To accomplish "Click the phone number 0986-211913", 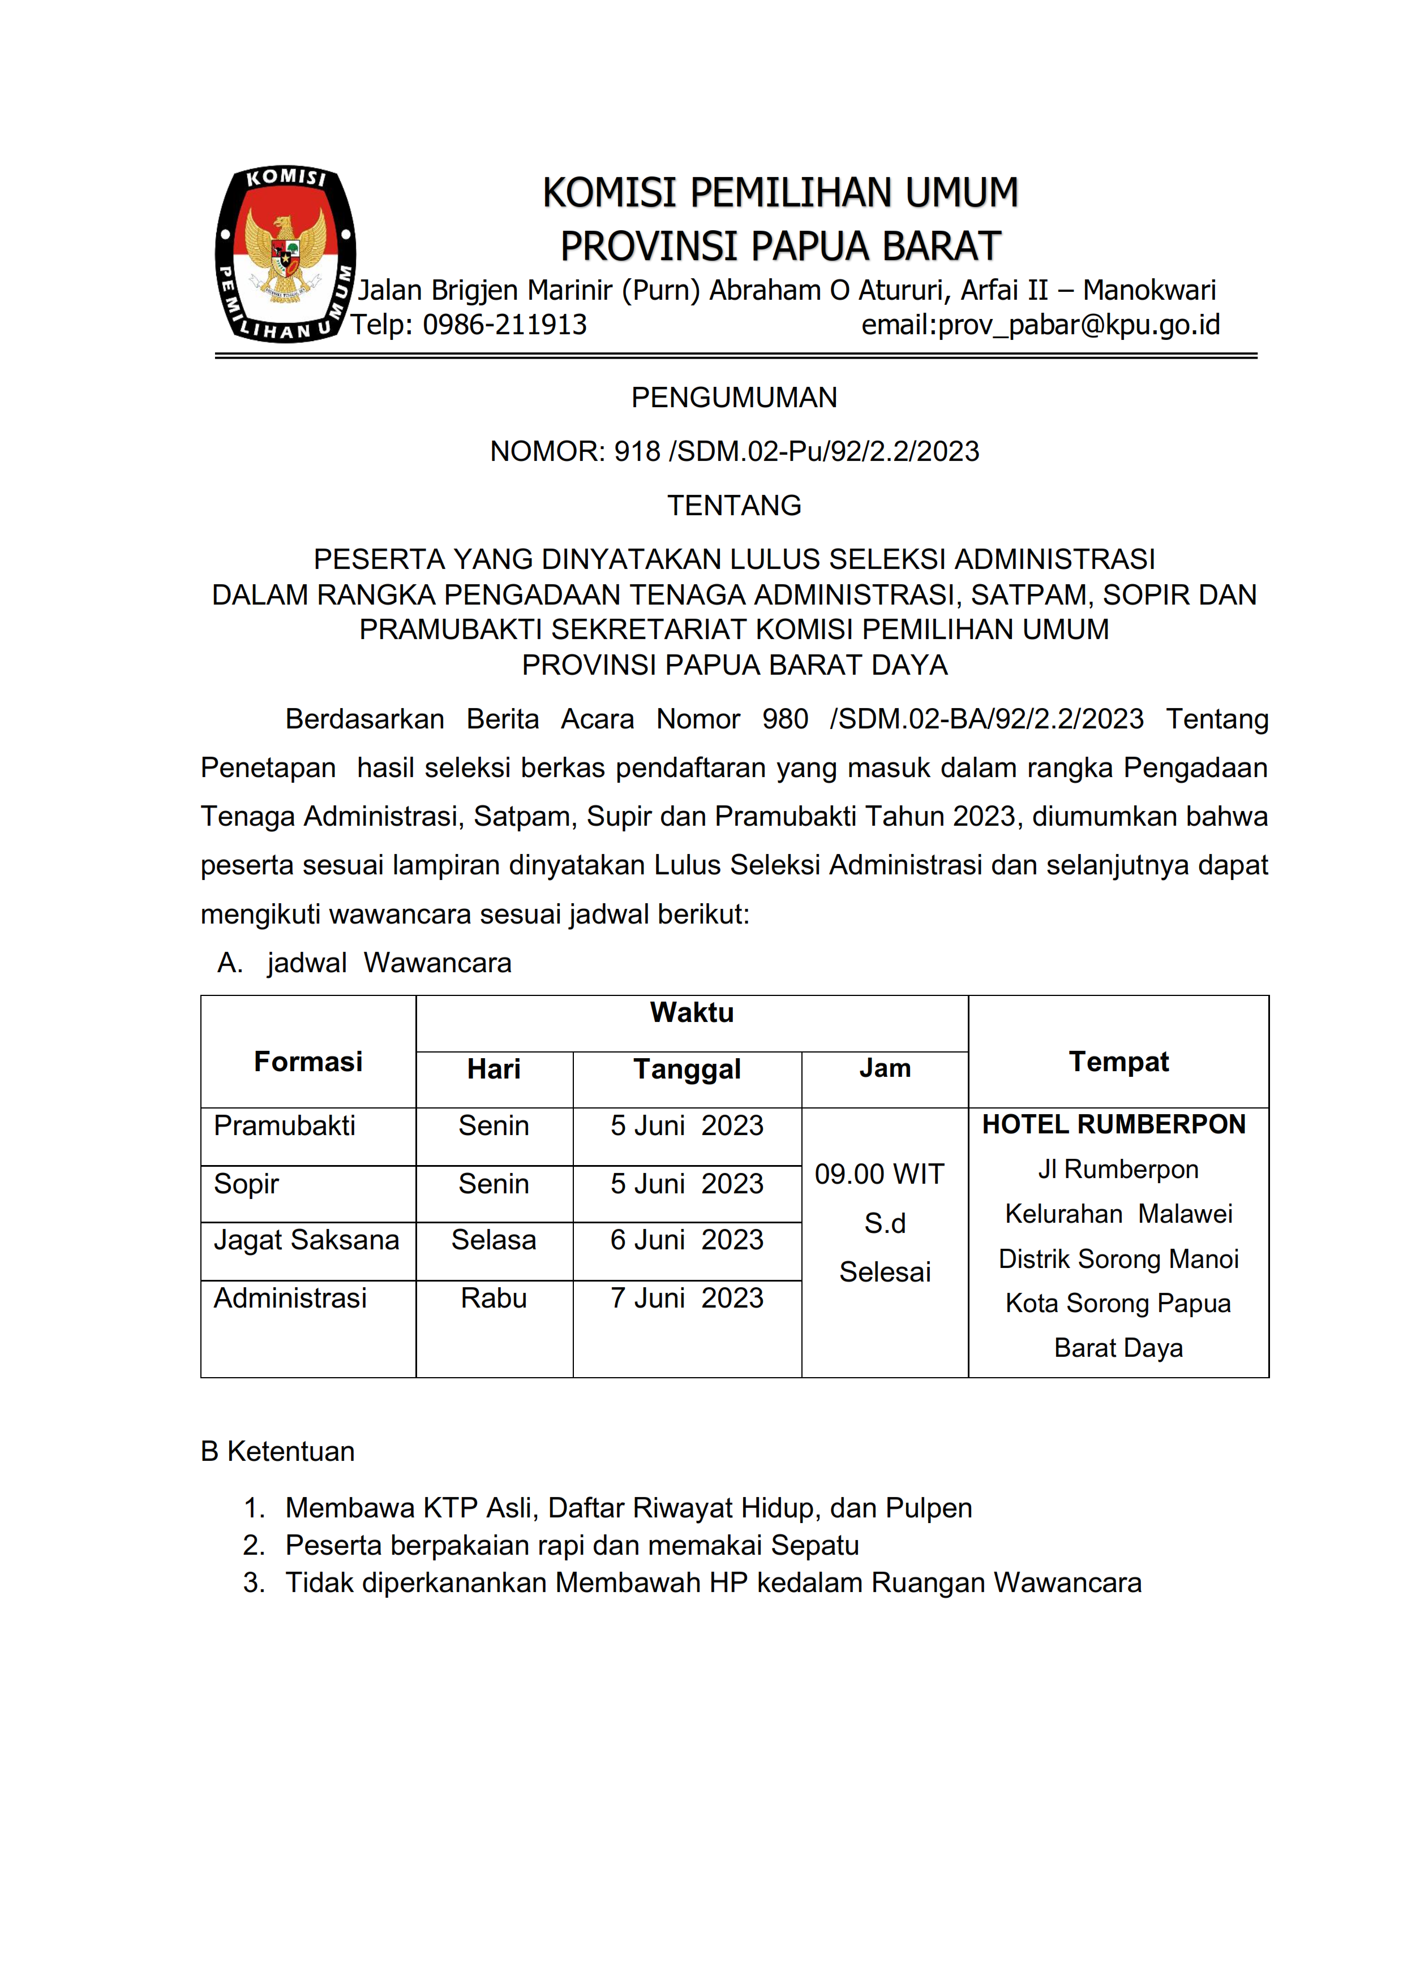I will [x=504, y=325].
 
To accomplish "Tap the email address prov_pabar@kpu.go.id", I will [x=1079, y=325].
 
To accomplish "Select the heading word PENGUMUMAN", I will [x=734, y=398].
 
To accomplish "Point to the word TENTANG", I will [x=734, y=506].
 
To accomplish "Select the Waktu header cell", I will [x=692, y=1013].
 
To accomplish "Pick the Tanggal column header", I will [x=687, y=1069].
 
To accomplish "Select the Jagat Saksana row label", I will [x=306, y=1240].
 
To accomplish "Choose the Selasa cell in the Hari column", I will [x=494, y=1240].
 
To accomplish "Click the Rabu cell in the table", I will [x=494, y=1298].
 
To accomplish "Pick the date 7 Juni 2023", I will [x=687, y=1298].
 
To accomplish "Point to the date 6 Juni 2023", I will [x=687, y=1240].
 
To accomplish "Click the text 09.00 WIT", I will [x=879, y=1174].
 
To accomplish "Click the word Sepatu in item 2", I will [x=814, y=1545].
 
